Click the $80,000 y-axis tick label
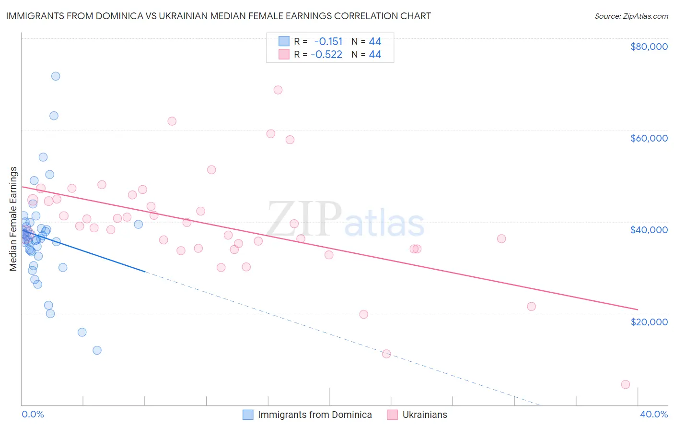649,47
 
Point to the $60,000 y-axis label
649,138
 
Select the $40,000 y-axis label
649,230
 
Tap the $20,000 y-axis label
649,321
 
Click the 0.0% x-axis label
33,414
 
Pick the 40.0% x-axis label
653,414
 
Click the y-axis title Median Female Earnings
13,219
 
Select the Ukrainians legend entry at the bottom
424,415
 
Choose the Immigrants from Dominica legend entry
314,415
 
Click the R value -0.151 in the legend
328,41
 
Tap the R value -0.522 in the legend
326,54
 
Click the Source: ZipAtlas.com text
631,16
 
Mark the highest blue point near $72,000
56,76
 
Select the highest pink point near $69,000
278,90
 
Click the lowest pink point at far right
625,384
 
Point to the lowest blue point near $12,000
97,350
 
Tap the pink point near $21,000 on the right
531,307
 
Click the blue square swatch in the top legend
284,41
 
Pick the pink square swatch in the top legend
284,54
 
